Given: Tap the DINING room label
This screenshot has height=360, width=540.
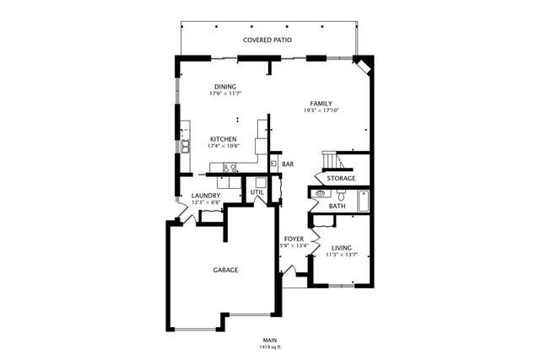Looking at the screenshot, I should coord(224,86).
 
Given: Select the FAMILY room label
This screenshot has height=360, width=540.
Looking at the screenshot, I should coord(321,103).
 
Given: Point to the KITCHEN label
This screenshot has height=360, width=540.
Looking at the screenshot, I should coord(223,139).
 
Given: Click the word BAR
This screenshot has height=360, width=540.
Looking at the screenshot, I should coord(288,164).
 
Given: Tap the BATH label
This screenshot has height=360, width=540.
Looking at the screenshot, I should coord(337,206).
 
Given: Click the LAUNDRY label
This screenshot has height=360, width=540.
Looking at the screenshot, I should coord(206,196).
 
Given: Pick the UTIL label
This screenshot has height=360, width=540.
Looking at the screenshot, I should coord(257,193).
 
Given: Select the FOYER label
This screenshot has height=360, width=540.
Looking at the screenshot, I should coord(294,239).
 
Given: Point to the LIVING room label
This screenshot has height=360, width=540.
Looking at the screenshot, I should coord(342,248).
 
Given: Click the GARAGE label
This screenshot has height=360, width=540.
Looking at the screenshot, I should coord(225,270).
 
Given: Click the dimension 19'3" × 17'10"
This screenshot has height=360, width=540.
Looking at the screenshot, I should coord(321,110).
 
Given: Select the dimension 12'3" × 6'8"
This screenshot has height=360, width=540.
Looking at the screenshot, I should coord(206,203).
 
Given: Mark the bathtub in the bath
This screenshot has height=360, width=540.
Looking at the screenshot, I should coord(364,201).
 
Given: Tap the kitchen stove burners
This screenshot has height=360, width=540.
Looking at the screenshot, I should coord(227,169).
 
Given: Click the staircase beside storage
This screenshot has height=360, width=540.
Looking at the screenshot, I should coord(331,162).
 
